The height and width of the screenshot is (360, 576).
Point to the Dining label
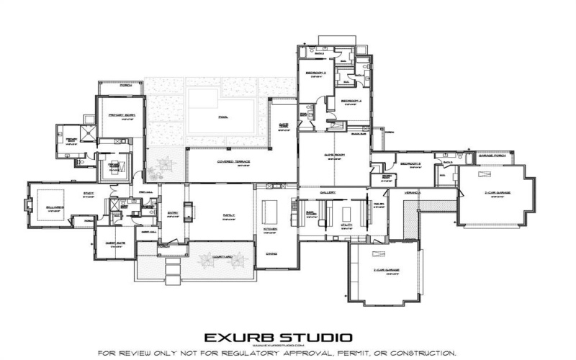tap(271, 253)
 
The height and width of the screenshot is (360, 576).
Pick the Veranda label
tap(412, 192)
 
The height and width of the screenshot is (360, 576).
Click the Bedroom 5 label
tap(410, 164)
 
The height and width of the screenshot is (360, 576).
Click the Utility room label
tap(346, 225)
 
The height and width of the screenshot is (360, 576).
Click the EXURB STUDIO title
tap(278, 336)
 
